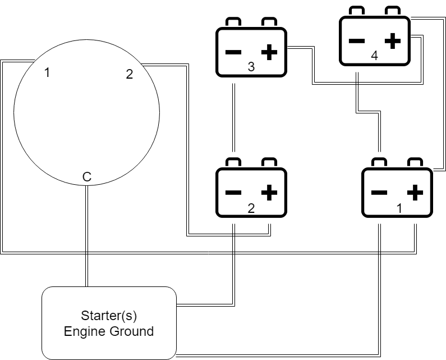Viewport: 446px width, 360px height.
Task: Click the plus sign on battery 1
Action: tap(415, 193)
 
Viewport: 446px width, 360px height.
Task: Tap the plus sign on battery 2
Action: tap(269, 193)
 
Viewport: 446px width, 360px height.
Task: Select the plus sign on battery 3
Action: tap(269, 53)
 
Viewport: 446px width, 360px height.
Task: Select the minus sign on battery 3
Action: tap(233, 53)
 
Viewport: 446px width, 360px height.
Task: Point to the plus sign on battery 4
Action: tap(393, 40)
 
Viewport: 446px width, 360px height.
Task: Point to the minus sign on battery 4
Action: tap(357, 40)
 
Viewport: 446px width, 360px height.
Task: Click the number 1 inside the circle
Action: tap(47, 72)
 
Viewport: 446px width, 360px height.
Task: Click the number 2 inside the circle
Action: tap(129, 74)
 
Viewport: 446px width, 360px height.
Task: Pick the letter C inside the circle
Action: tap(86, 177)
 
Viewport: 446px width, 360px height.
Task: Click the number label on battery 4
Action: tap(374, 56)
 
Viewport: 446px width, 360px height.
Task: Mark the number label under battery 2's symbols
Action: tap(251, 208)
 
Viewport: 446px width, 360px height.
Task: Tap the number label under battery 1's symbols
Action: tap(399, 208)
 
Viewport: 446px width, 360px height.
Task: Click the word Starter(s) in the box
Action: tap(109, 315)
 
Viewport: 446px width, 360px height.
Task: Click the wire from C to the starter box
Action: tap(86, 236)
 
